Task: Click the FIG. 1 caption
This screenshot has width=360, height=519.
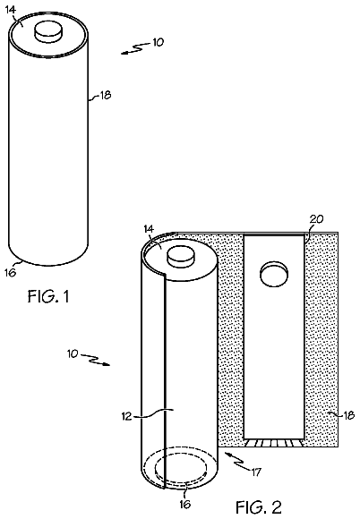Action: tap(48, 296)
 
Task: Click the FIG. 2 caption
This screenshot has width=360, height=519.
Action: tap(259, 506)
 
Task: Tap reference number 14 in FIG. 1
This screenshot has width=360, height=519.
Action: tap(11, 10)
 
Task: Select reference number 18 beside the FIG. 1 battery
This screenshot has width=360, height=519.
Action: tap(106, 96)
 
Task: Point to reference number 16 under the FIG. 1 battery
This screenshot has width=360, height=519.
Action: tap(10, 272)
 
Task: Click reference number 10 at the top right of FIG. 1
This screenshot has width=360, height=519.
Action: tap(158, 42)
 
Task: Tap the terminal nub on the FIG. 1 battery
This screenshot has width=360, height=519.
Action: tap(48, 31)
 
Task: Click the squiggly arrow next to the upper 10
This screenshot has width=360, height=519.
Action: tap(134, 49)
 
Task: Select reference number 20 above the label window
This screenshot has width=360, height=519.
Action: tap(316, 219)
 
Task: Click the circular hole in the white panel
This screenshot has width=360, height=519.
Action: tap(274, 274)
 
